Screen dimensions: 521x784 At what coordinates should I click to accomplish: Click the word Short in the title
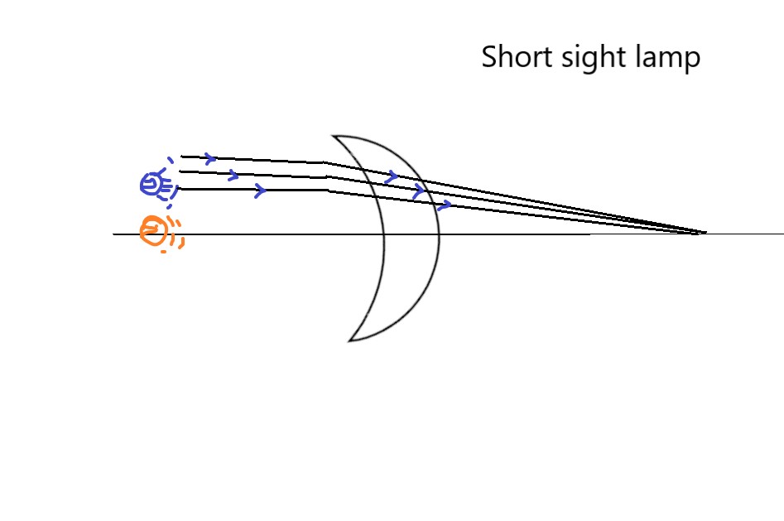512,58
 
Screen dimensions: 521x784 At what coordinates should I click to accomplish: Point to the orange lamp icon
154,230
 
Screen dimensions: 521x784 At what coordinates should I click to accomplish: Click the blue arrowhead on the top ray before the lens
211,157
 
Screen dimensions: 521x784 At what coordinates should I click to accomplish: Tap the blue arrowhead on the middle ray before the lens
233,175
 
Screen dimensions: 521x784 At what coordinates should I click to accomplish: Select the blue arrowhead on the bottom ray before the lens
260,191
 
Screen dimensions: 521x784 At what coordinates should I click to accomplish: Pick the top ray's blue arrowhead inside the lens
392,176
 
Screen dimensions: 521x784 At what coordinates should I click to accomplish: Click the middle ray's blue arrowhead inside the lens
419,191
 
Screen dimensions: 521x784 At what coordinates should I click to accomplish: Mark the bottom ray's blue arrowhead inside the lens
445,205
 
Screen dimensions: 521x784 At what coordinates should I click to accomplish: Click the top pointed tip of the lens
333,135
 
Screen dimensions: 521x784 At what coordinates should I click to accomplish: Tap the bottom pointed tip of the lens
349,340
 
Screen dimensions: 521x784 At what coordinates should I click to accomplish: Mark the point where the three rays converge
704,233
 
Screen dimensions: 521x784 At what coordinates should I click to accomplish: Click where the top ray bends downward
325,162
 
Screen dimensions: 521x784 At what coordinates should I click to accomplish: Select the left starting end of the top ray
181,156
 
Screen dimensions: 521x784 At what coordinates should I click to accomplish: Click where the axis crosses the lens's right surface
439,234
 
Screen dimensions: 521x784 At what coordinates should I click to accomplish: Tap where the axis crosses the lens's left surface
384,234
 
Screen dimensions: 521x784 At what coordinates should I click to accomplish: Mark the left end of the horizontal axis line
114,234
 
